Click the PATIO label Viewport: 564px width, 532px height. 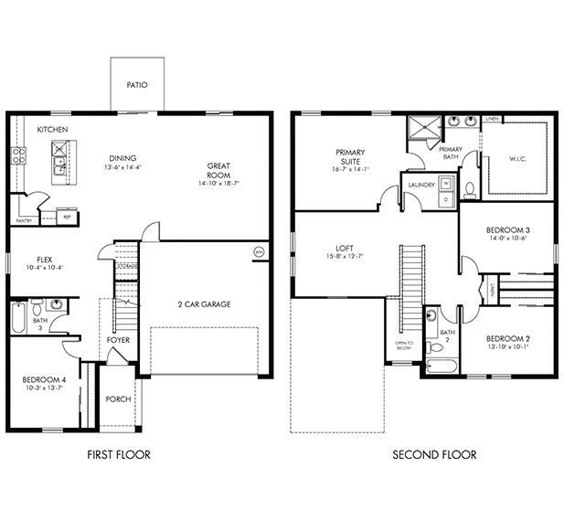[x=137, y=85]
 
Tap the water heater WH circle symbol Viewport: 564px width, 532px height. [x=258, y=251]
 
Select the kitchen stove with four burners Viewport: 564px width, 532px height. [x=17, y=155]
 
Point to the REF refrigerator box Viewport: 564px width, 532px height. [x=66, y=216]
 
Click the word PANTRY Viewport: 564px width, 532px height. [x=26, y=220]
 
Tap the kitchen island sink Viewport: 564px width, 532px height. [x=59, y=165]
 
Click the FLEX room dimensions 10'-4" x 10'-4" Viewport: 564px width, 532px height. [x=44, y=267]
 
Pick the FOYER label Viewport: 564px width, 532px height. [x=118, y=340]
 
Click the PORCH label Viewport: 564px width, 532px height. [x=118, y=399]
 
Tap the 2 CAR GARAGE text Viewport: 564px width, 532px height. [x=204, y=303]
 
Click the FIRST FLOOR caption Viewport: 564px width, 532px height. [x=119, y=454]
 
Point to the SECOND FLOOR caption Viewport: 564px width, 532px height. [x=434, y=454]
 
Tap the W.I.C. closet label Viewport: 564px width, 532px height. [x=517, y=158]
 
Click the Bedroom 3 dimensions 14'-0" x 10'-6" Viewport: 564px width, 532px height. [x=507, y=238]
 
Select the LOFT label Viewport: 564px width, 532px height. [x=344, y=247]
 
